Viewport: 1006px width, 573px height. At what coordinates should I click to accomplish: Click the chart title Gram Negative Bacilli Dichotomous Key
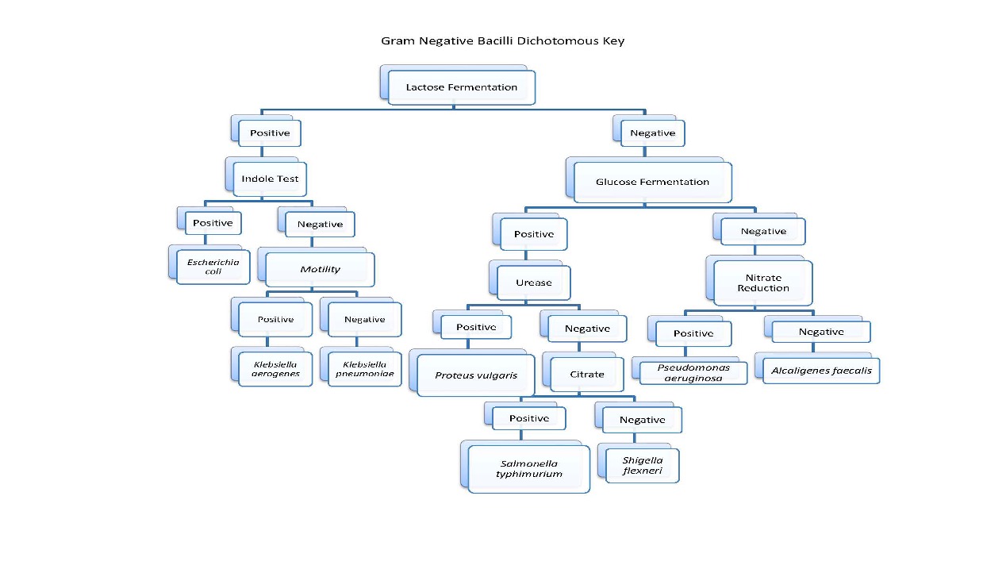pos(502,40)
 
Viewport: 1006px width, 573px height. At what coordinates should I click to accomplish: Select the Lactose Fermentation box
pos(461,87)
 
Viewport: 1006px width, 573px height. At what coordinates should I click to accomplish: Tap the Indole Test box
pos(270,179)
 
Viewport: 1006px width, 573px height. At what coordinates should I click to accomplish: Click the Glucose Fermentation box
pos(652,182)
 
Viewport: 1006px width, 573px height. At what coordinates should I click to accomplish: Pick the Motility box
pos(320,270)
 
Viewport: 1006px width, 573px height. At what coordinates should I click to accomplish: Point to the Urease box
pos(533,283)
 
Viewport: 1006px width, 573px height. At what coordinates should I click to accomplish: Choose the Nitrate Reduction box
pos(762,283)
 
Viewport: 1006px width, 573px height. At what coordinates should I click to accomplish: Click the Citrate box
pos(587,374)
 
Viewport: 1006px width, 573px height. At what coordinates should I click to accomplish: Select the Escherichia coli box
pos(213,267)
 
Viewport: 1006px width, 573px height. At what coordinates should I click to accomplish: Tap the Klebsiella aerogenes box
pos(275,369)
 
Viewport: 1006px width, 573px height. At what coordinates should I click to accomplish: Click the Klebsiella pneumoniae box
pos(364,369)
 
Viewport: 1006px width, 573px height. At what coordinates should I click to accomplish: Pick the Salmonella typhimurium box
pos(528,469)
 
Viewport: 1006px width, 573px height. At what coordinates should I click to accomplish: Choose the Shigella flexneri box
pos(642,465)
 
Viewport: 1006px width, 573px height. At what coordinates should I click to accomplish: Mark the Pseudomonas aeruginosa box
pos(693,373)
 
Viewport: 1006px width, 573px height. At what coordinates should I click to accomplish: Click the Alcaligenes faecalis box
pos(821,371)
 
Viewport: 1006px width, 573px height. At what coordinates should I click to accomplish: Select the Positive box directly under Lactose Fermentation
pos(270,133)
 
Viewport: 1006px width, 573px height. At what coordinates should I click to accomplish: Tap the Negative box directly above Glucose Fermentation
pos(652,133)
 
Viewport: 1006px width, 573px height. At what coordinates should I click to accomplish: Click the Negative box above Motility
pos(320,225)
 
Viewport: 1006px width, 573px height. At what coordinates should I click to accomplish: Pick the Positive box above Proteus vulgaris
pos(476,327)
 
